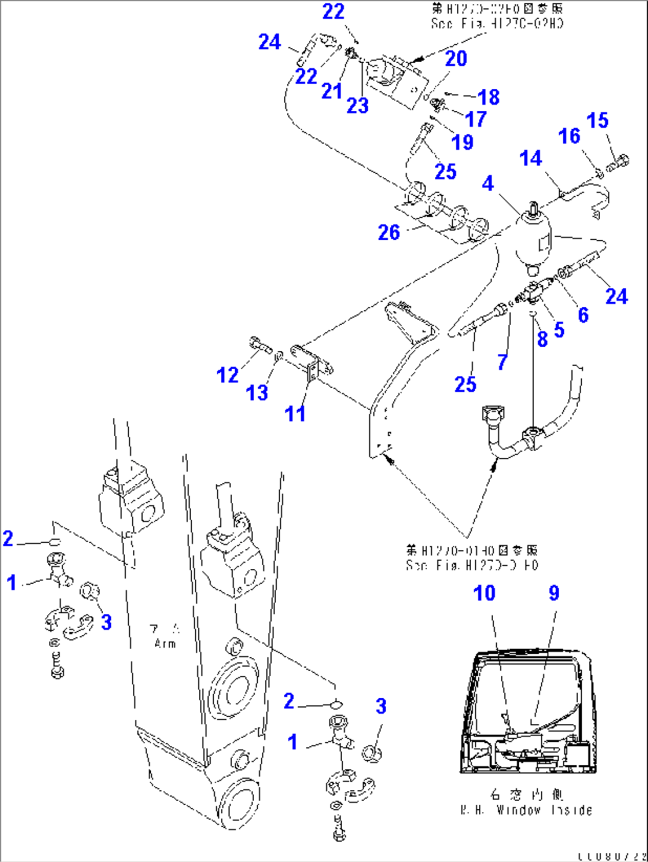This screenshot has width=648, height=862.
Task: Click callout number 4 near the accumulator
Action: coord(487,183)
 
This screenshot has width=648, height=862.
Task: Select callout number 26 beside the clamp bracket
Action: coord(389,232)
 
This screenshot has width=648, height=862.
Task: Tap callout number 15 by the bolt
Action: coord(597,121)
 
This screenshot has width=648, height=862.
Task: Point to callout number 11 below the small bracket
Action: coord(295,413)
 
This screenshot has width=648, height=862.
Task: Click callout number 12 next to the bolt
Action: coord(227,375)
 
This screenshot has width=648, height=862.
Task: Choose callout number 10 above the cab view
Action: coord(484,593)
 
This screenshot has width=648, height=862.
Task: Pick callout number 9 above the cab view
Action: coord(553,593)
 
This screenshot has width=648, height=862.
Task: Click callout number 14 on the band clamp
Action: coord(530,159)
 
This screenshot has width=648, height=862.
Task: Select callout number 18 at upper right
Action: coord(489,97)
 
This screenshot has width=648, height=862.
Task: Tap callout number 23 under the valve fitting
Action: coord(357,106)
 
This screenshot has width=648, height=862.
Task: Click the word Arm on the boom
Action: coord(165,643)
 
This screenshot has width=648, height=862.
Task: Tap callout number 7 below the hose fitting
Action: coord(502,361)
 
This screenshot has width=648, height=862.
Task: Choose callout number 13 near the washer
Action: coord(257,393)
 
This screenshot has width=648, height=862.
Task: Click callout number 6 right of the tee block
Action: coord(583,315)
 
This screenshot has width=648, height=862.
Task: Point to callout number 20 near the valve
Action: coord(456,58)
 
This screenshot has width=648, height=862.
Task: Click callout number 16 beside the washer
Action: coord(568,136)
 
